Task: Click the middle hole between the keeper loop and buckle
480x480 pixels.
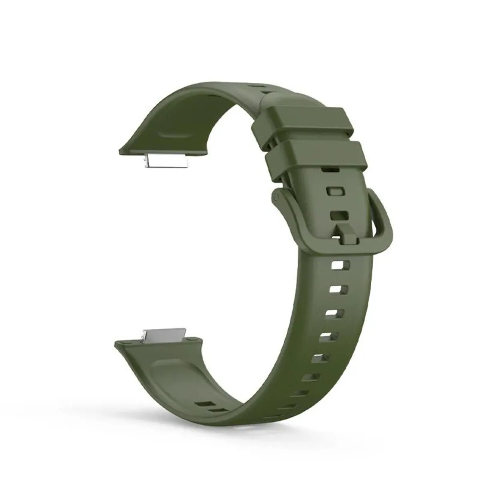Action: tap(336, 191)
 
